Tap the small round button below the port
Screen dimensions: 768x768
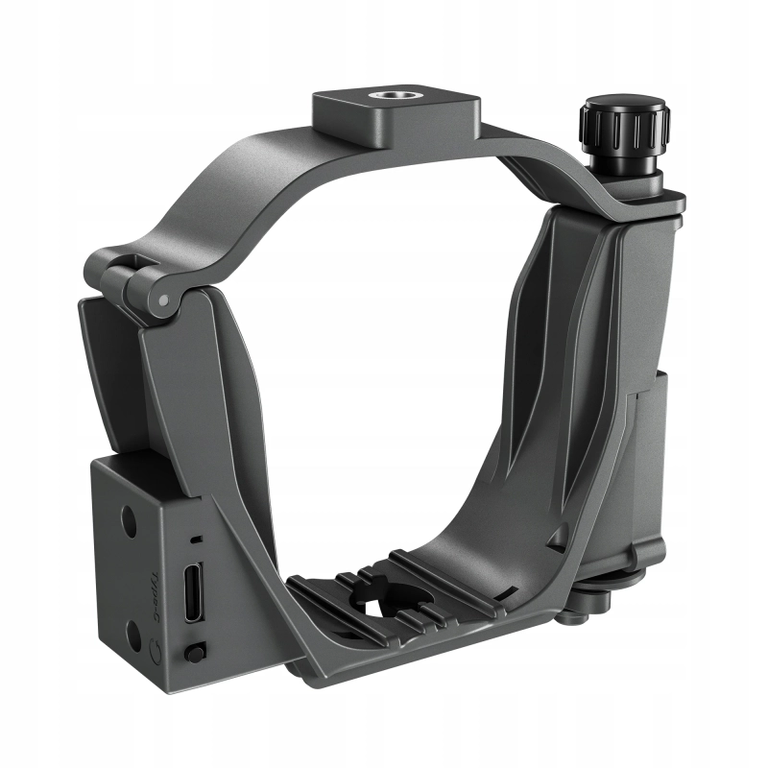195,653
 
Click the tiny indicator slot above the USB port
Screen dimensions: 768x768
194,540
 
